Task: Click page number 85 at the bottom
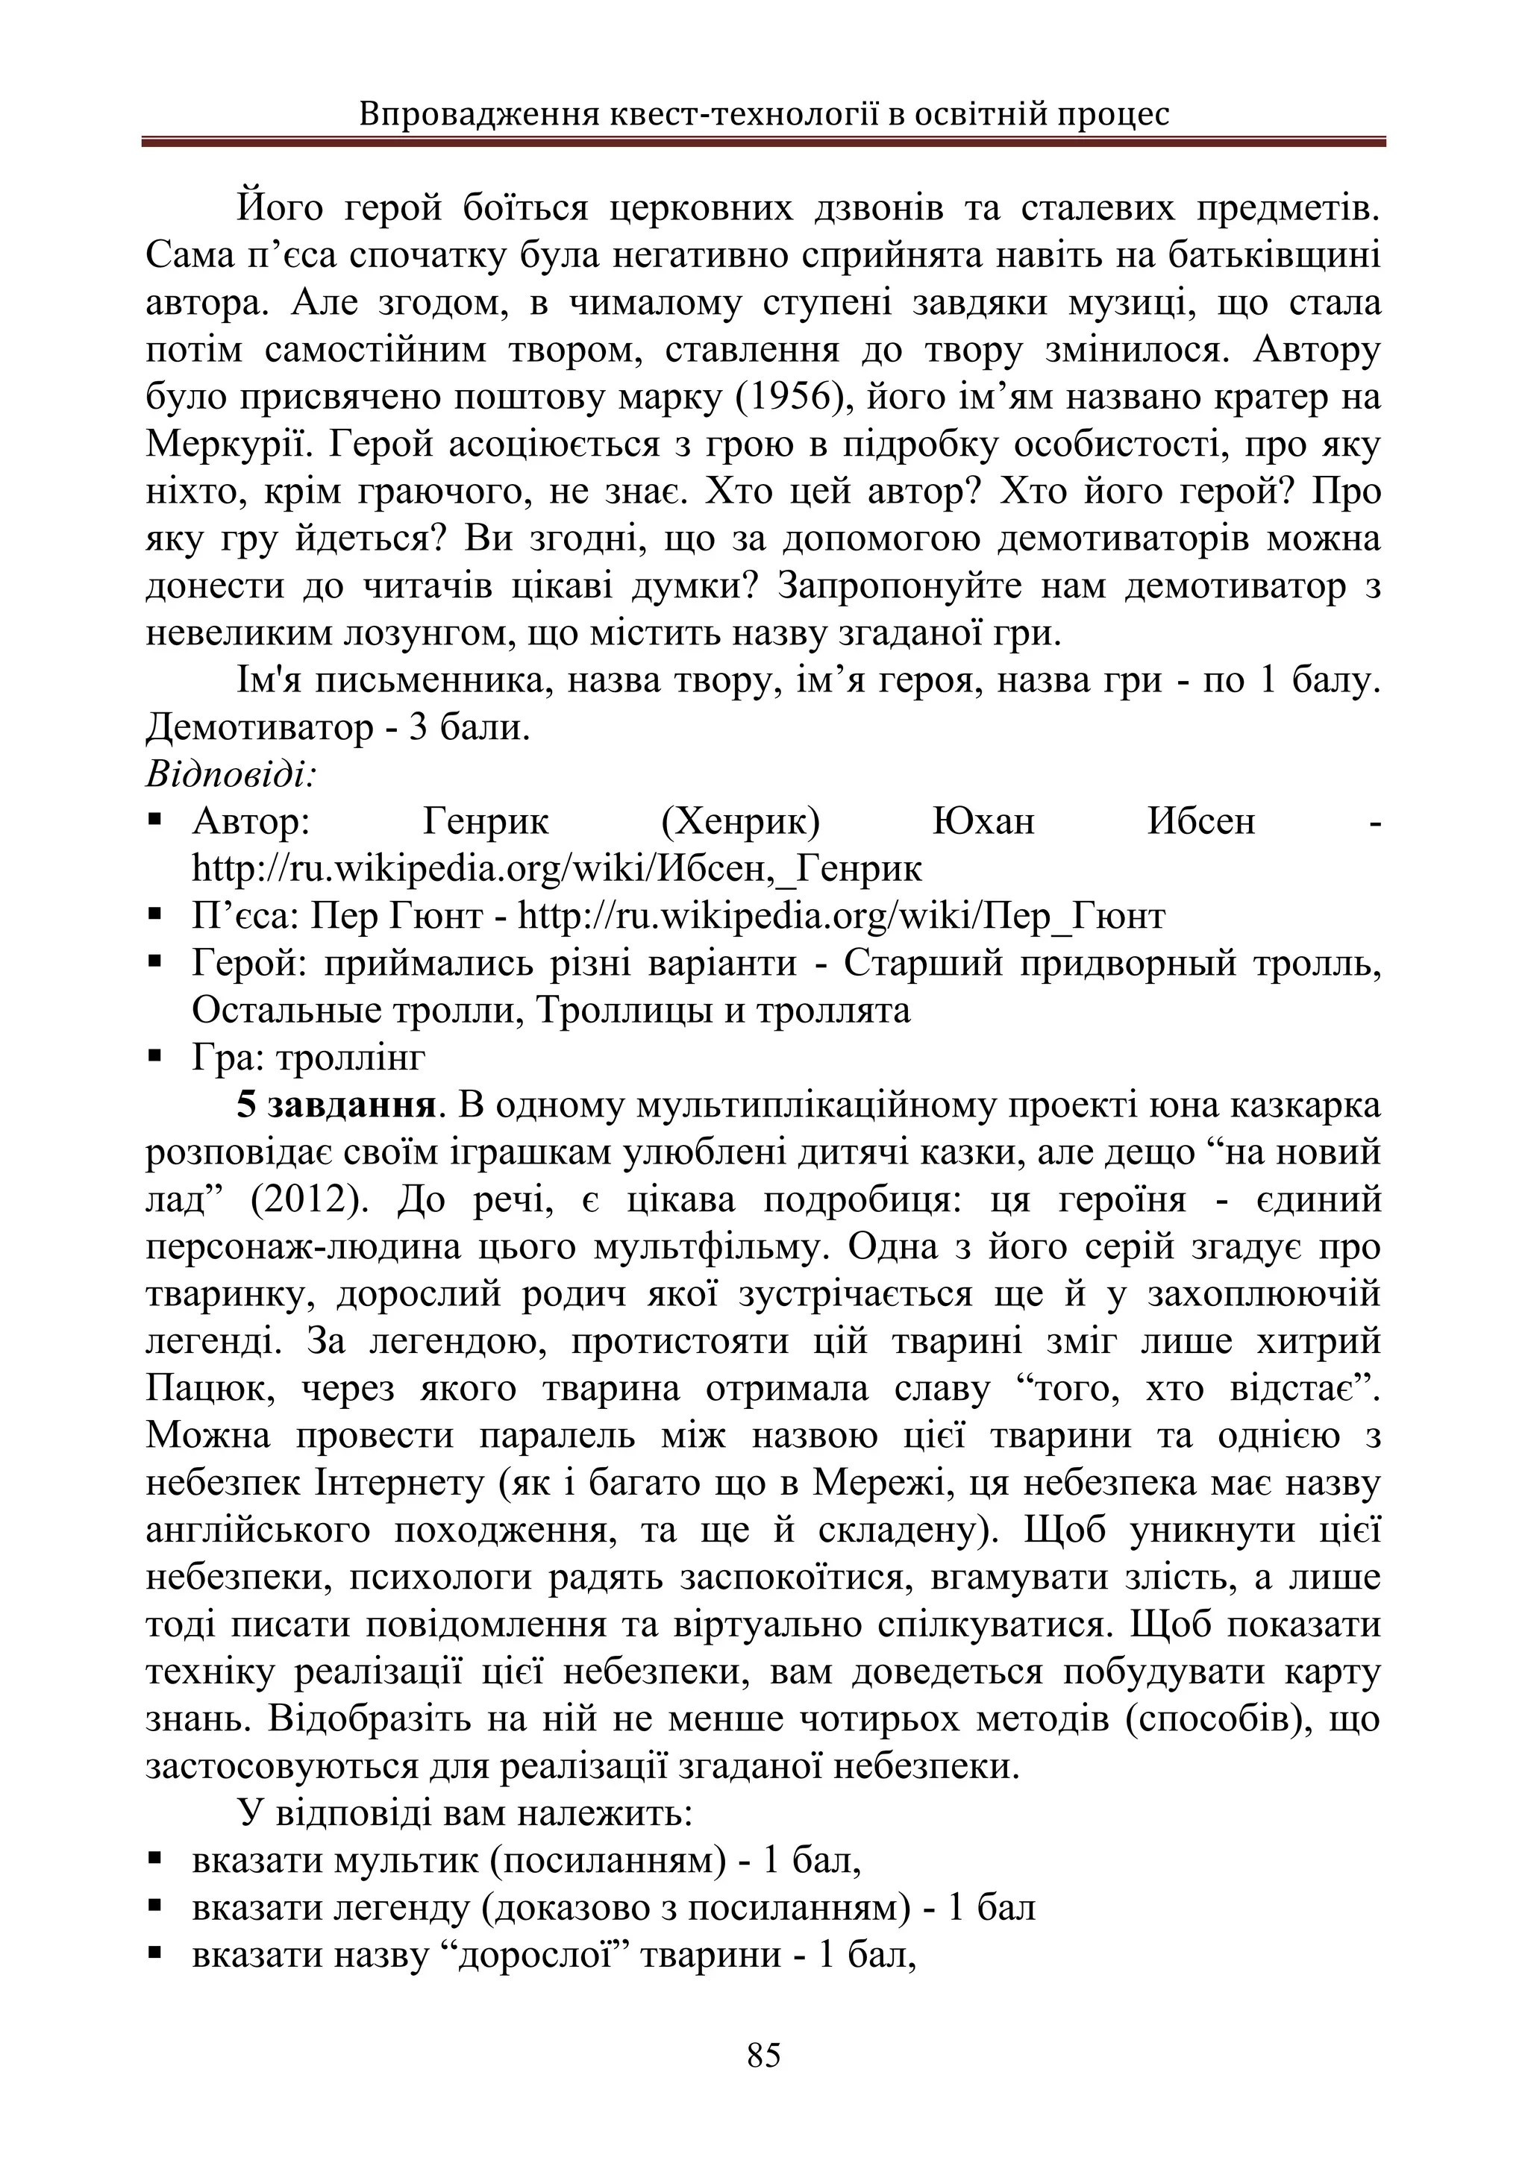point(763,2055)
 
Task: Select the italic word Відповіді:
point(231,775)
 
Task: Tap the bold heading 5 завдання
point(336,1105)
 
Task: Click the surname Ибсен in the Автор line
point(1200,822)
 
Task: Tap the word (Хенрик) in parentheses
point(740,822)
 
